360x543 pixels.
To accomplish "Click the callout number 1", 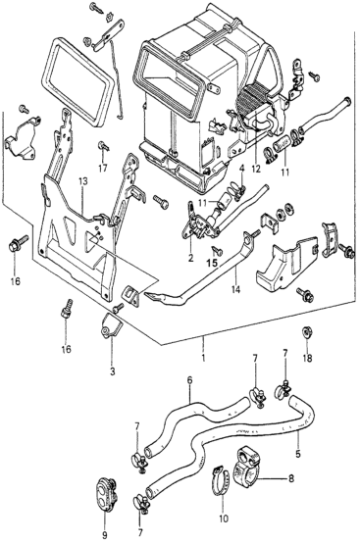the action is point(203,358).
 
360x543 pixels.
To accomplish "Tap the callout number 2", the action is point(191,258).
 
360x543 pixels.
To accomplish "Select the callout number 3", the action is point(112,371).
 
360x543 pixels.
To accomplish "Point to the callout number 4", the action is point(242,170).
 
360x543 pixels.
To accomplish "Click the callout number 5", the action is point(298,453).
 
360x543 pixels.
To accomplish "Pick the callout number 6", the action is point(189,380).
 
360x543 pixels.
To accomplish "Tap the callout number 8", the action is point(291,478).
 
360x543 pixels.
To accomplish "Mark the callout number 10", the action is point(224,518).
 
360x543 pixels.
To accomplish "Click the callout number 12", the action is point(256,170).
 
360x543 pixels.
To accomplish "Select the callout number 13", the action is point(83,180).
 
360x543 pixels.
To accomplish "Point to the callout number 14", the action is point(236,289).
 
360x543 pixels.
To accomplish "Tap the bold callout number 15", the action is point(212,263).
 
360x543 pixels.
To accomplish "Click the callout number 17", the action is point(103,169).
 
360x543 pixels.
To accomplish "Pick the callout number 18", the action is point(307,358).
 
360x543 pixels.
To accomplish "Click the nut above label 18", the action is point(306,331).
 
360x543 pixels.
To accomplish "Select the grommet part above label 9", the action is point(105,495).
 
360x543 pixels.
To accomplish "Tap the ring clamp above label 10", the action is point(221,480).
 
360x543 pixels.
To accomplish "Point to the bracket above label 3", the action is point(110,327).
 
